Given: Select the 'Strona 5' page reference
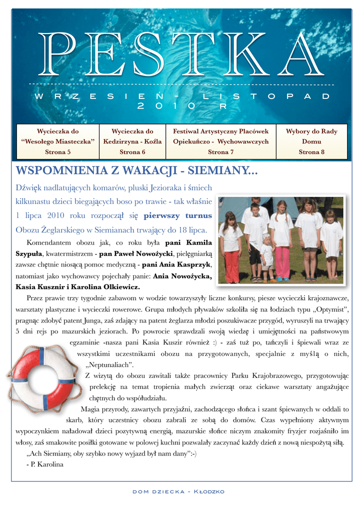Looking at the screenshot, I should point(57,151).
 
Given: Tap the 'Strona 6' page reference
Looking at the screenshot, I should point(132,151).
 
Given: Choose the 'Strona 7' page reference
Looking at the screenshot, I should point(220,151).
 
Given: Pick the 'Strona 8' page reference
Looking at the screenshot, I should point(311,151).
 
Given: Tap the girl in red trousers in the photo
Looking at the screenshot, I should point(231,247).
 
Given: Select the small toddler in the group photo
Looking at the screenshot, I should point(267,257).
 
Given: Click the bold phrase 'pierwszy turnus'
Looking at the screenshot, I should point(177,216).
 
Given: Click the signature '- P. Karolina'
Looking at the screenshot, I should point(44,464).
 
